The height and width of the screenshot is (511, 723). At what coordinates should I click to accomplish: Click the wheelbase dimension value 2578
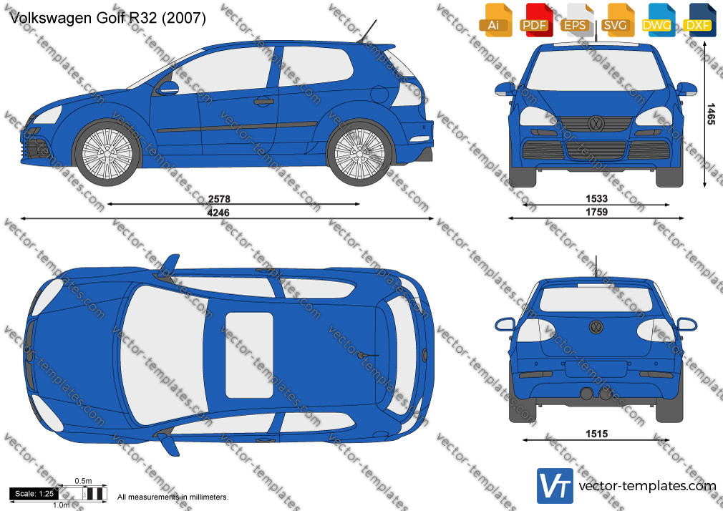point(219,199)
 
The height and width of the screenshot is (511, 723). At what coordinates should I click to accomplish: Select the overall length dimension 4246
point(218,213)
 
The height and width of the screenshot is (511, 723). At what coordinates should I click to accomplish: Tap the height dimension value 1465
point(711,114)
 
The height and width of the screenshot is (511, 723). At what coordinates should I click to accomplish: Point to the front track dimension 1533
point(597,198)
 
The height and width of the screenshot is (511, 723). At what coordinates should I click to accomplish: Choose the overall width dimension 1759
point(597,212)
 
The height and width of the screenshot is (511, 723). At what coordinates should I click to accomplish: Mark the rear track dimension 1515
point(597,434)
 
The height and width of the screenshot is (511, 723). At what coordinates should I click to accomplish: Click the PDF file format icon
point(535,20)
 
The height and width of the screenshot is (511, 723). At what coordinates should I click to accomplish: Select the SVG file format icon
point(616,20)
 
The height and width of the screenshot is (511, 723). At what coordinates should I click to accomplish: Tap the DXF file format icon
point(698,20)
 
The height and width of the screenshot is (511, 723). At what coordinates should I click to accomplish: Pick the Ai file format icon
point(495,20)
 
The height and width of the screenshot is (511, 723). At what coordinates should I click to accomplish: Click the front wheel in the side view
point(107,152)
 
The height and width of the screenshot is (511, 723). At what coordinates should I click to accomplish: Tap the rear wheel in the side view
point(359,152)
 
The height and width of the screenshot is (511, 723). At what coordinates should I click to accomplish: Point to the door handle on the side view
point(263,101)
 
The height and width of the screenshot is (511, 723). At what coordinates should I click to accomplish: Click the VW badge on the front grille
point(596,124)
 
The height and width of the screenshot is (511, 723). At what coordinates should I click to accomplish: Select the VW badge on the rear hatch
point(596,327)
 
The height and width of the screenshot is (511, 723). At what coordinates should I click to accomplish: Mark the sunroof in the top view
point(249,355)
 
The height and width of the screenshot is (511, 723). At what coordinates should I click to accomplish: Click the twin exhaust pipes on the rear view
point(596,394)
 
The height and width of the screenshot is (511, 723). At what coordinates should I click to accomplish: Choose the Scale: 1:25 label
point(34,494)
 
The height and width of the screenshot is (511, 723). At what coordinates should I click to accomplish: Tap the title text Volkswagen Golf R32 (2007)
point(107,17)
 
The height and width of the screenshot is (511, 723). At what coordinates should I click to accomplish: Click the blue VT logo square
point(555,486)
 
